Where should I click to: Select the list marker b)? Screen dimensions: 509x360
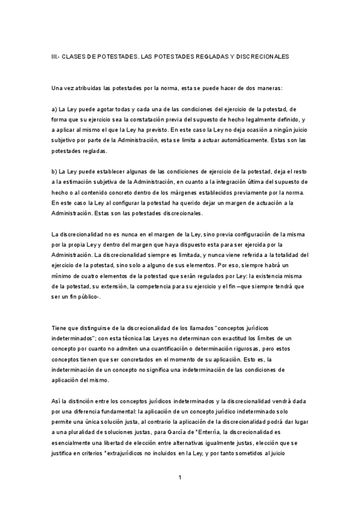point(55,172)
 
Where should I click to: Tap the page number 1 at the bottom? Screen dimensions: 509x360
point(179,478)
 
